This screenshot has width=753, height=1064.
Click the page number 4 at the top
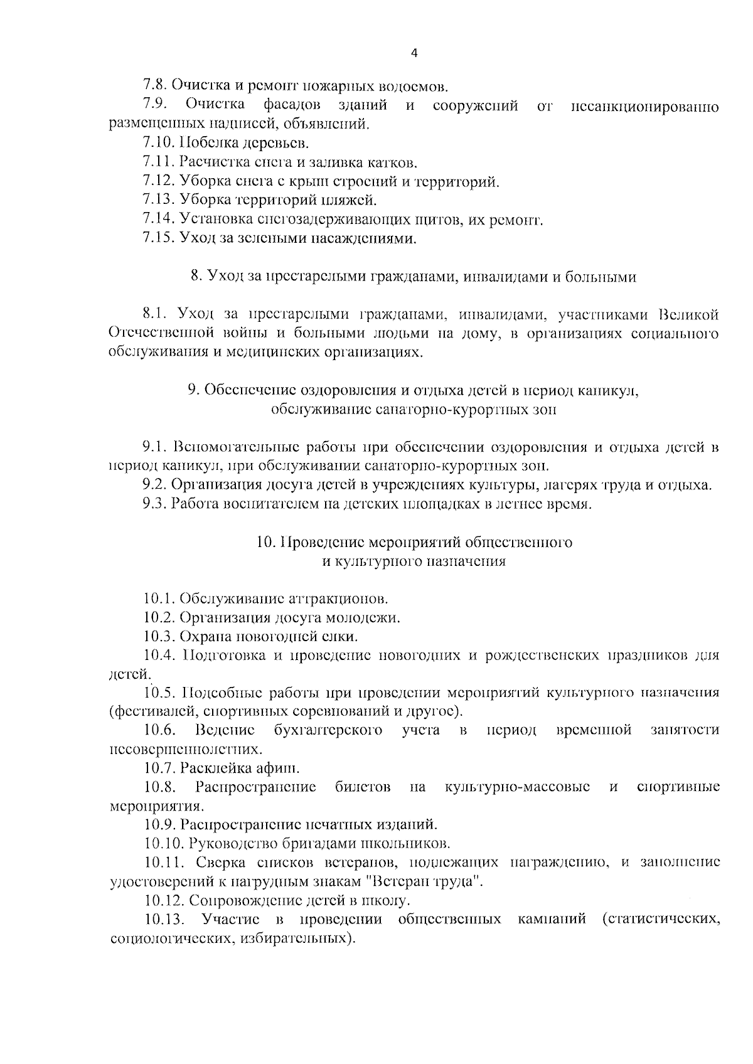tap(414, 53)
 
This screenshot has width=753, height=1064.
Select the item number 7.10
tap(159, 143)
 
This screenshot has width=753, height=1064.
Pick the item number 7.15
tap(159, 238)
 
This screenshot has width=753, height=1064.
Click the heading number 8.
tap(195, 277)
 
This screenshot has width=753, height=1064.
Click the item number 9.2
tap(154, 484)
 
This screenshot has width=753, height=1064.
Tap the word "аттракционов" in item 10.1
tap(339, 598)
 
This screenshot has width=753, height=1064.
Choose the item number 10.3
tap(159, 637)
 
